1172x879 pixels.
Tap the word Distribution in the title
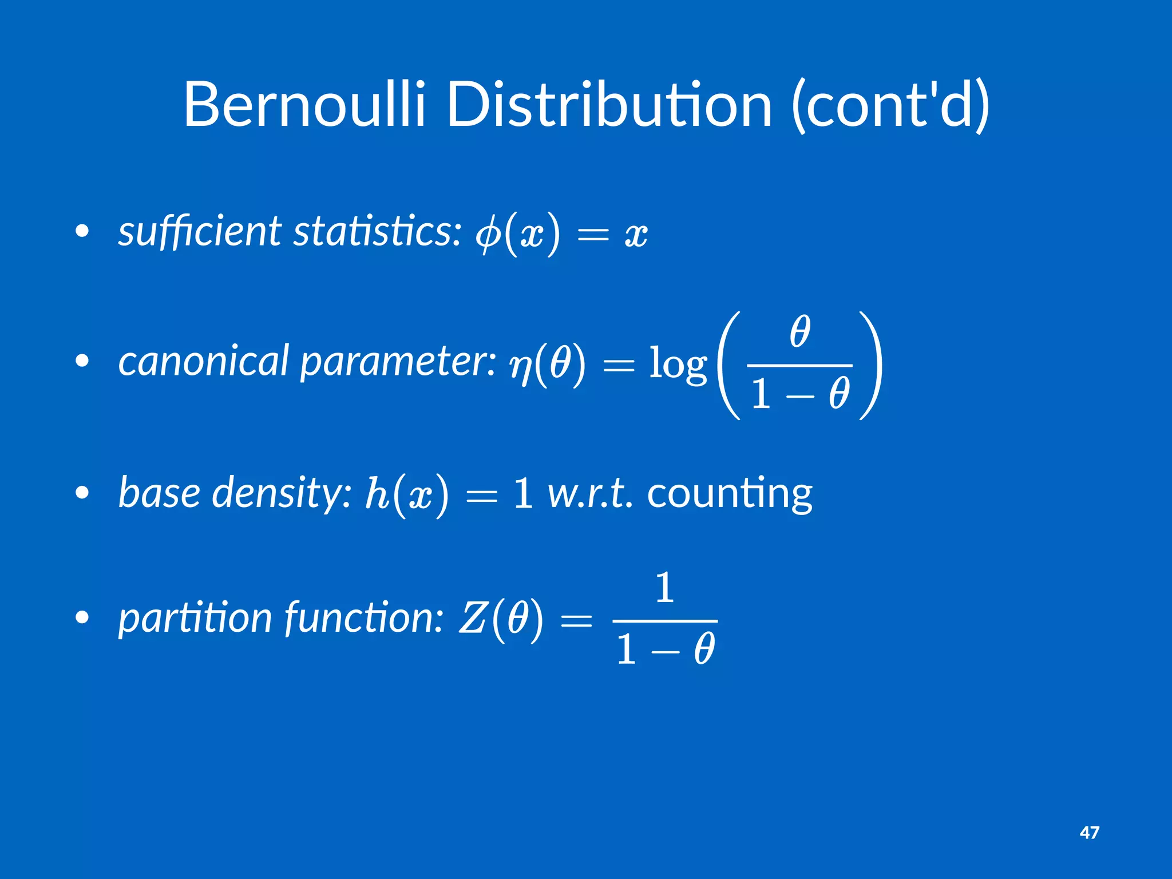click(x=609, y=105)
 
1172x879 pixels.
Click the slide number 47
click(x=1089, y=832)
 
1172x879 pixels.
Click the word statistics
click(x=377, y=232)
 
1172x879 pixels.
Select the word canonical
click(x=203, y=362)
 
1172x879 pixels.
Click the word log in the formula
click(x=678, y=365)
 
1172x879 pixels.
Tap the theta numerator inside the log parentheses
click(x=799, y=332)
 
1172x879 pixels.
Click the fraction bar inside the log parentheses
click(x=799, y=365)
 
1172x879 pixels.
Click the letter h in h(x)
click(x=377, y=492)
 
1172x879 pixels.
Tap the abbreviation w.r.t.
click(x=590, y=493)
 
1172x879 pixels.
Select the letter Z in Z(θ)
click(x=472, y=619)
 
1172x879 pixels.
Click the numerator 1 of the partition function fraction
click(x=664, y=588)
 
